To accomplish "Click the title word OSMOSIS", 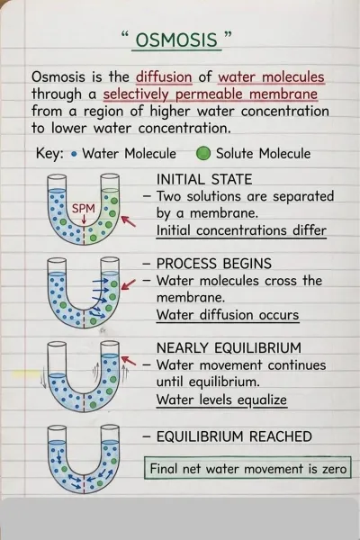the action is pos(176,40).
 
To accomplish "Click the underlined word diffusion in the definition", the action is pos(164,76).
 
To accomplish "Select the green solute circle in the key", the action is pos(203,154).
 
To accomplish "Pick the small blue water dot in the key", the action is pos(74,154).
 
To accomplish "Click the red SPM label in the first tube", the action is pos(84,209).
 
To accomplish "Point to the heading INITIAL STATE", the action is pos(204,179).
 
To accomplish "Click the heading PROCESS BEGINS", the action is pos(214,264).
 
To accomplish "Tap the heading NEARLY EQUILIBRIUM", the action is pos(229,347).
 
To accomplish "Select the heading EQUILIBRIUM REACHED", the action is pos(234,436).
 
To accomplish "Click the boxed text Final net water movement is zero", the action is pos(248,469).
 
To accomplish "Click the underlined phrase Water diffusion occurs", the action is pos(228,315).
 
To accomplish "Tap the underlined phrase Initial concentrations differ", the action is pos(241,230).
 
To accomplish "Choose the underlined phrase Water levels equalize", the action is pos(221,400).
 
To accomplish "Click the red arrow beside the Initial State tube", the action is pos(128,221).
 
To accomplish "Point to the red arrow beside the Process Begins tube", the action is pos(128,284).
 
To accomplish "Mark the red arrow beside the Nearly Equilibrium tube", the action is pos(129,360).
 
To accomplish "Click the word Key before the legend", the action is pos(49,153).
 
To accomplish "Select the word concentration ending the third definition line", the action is pos(285,112).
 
